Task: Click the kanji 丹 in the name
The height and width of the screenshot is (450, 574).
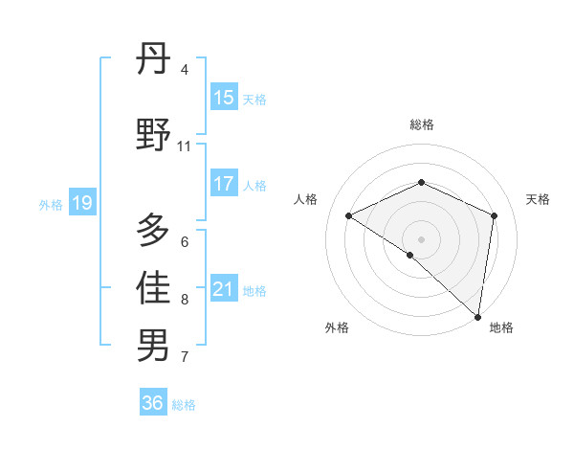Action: click(153, 62)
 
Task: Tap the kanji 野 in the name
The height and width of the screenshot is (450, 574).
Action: click(153, 134)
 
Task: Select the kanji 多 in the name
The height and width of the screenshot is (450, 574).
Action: click(153, 231)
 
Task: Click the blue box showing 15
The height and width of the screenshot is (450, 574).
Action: click(224, 98)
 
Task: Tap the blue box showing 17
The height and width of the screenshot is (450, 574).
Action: click(224, 184)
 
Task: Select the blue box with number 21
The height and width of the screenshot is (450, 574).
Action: click(224, 289)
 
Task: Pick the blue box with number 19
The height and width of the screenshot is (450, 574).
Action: click(81, 203)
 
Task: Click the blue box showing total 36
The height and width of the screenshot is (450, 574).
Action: click(153, 403)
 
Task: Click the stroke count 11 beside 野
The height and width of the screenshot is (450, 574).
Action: click(184, 146)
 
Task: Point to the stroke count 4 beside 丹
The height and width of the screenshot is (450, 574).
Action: click(184, 70)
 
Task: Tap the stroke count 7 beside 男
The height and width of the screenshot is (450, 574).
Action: click(184, 357)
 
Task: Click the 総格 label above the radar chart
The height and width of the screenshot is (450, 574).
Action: click(421, 124)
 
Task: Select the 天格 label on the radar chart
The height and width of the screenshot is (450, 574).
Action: click(538, 199)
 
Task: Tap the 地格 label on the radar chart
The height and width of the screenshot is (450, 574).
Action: click(501, 327)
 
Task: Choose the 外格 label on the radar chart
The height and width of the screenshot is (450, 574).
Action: click(337, 327)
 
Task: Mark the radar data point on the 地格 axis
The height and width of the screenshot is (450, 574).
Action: click(478, 316)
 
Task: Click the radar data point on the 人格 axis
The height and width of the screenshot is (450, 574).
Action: click(349, 215)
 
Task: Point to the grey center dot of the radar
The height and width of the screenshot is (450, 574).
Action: click(421, 238)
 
